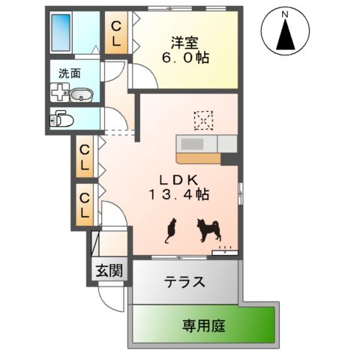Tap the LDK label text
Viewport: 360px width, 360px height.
click(178, 180)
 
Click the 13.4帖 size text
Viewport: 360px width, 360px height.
click(178, 195)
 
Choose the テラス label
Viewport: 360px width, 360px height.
click(184, 283)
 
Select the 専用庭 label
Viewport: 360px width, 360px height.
click(203, 325)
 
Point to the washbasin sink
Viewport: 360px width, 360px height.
click(82, 94)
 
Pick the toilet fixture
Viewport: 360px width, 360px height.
click(61, 118)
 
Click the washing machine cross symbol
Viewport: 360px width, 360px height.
click(58, 92)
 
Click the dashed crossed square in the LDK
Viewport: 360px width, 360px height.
click(203, 120)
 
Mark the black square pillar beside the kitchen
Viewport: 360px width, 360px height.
click(229, 157)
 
